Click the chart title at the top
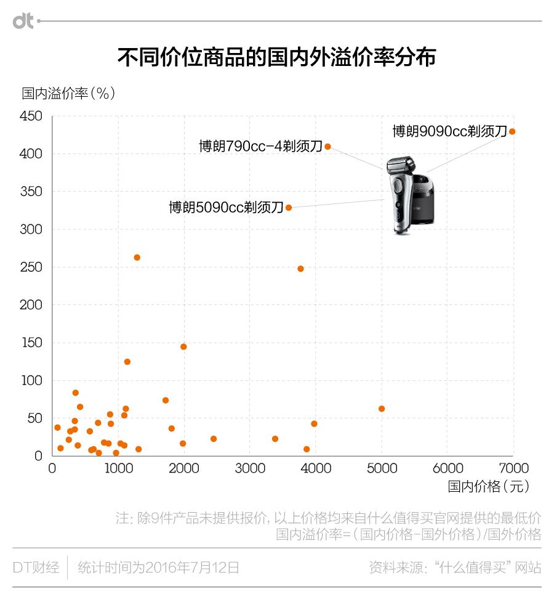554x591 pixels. click(x=276, y=57)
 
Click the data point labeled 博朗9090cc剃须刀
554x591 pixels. click(x=512, y=131)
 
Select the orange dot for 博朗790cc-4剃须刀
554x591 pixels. click(x=328, y=147)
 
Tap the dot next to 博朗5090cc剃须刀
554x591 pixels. click(x=289, y=208)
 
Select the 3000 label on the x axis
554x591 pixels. click(x=250, y=468)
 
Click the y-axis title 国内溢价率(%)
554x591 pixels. click(x=68, y=94)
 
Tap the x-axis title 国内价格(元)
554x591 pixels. click(x=488, y=486)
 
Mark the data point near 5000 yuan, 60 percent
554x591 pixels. click(x=382, y=409)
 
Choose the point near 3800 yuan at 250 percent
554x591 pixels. click(x=300, y=269)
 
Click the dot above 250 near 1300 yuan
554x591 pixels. click(x=137, y=258)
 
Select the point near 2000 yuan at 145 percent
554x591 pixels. click(x=183, y=347)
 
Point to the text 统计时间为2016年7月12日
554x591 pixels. click(x=158, y=567)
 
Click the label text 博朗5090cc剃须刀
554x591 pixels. click(x=226, y=208)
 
